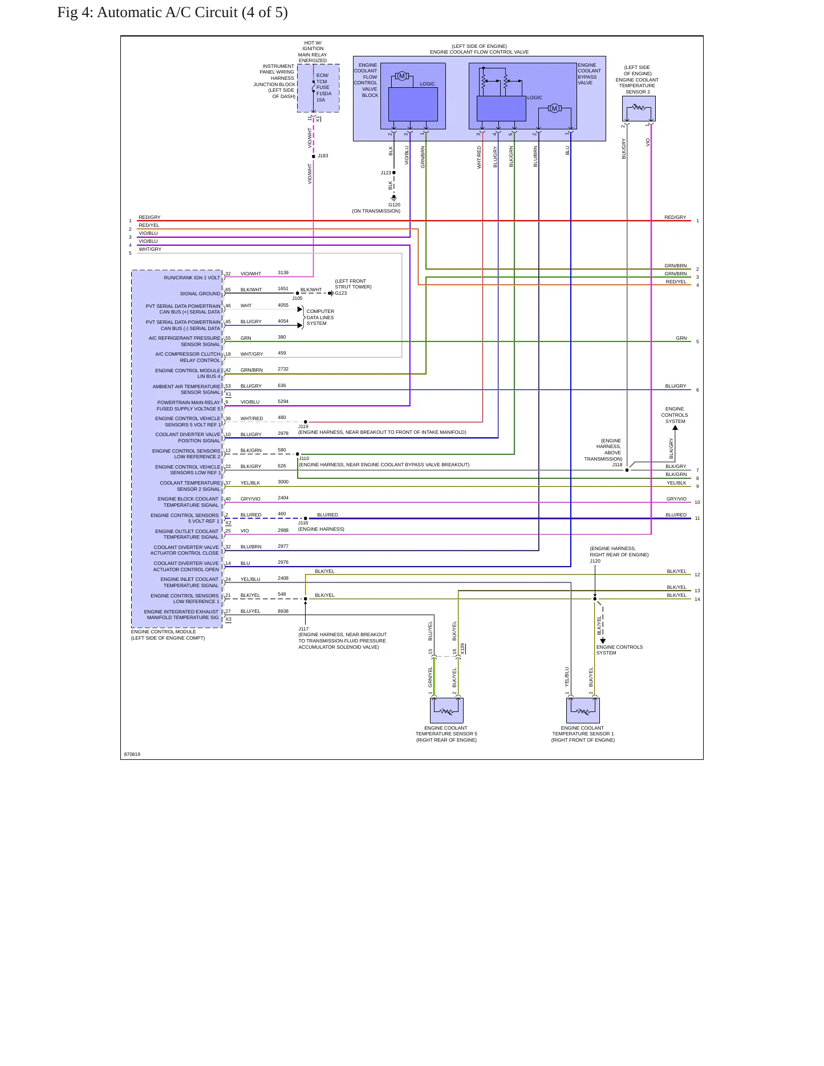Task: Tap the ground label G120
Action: point(394,205)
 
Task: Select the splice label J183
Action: point(323,156)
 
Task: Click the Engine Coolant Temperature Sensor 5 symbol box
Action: point(446,710)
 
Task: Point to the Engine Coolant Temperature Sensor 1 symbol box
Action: point(583,710)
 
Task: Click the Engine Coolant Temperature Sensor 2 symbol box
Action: point(639,108)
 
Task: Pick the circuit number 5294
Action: point(283,401)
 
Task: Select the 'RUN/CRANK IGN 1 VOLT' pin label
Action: point(192,278)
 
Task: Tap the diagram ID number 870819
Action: point(132,754)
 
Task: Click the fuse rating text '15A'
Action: point(320,100)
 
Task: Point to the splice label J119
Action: point(303,426)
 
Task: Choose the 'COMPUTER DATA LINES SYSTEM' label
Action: point(320,318)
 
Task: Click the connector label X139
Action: point(463,649)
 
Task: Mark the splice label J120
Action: point(595,561)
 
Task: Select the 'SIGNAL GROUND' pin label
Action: point(200,294)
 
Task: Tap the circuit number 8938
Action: point(283,611)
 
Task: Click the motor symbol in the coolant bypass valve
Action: point(554,108)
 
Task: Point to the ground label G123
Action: point(340,293)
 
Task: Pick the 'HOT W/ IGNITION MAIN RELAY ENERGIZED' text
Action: point(312,51)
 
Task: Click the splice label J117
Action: point(303,629)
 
